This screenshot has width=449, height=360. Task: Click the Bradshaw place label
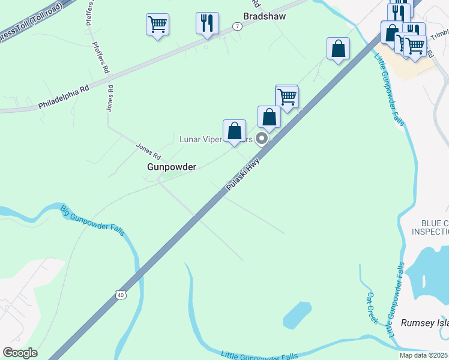click(264, 17)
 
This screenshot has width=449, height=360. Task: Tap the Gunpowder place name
click(172, 167)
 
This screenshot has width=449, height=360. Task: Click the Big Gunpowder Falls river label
click(92, 220)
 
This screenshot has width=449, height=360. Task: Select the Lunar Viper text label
click(201, 139)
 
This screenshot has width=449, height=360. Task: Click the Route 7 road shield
click(238, 26)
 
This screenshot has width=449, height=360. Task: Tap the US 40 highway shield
click(121, 295)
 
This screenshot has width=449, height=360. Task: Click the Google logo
click(20, 353)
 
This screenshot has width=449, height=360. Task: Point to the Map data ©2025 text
click(423, 355)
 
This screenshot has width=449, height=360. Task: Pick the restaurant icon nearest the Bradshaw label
click(207, 23)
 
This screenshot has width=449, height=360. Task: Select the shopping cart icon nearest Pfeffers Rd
click(157, 25)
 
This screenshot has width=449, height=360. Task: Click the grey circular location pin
click(262, 139)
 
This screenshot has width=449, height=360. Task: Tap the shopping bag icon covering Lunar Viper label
click(234, 130)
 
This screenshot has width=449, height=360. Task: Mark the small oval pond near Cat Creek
click(297, 316)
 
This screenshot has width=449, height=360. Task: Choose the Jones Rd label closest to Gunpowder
click(148, 149)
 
